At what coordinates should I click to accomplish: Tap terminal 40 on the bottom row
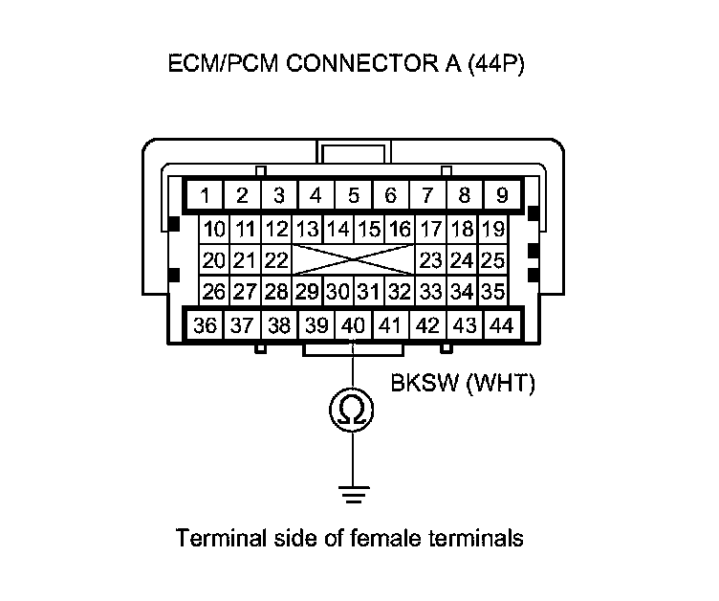click(x=353, y=325)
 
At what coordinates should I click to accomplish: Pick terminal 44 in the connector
click(x=501, y=325)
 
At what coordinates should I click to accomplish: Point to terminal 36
click(x=205, y=325)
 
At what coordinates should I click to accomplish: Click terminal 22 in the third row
click(x=276, y=260)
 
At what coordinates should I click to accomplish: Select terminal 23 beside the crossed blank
click(x=430, y=260)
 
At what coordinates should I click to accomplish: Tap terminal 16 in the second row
click(x=400, y=230)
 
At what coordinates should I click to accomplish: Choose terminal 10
click(x=215, y=230)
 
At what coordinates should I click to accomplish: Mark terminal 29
click(x=307, y=291)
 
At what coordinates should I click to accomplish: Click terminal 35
click(x=492, y=291)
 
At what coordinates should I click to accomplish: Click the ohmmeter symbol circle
click(x=353, y=411)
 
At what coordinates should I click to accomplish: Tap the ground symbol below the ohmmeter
click(x=353, y=496)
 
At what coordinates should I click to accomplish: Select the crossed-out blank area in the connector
click(x=353, y=260)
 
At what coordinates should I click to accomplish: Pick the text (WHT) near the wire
click(x=502, y=385)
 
